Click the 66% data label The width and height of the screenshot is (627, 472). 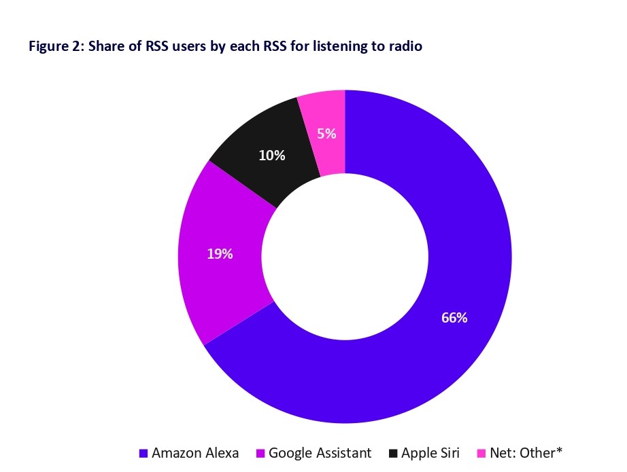point(454,317)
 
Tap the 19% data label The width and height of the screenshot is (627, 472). point(220,254)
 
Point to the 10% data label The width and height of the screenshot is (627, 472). point(271,156)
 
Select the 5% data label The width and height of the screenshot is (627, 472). point(326,134)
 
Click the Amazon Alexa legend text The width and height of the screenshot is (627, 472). point(195,452)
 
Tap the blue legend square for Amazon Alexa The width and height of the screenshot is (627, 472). point(143,453)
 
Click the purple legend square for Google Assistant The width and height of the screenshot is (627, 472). point(260,453)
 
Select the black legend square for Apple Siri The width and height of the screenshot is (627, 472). point(394,453)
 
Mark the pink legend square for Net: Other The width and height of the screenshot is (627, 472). point(481,453)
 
